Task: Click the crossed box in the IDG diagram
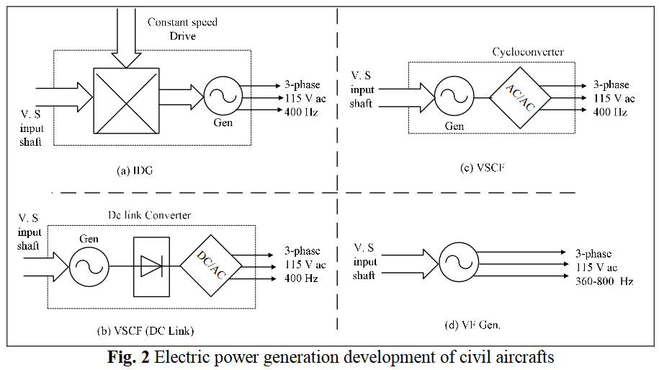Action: pyautogui.click(x=126, y=100)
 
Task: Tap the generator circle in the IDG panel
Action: pyautogui.click(x=223, y=96)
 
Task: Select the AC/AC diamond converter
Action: pyautogui.click(x=520, y=97)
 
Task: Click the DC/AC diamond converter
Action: pyautogui.click(x=211, y=265)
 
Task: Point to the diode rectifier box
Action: pyautogui.click(x=151, y=267)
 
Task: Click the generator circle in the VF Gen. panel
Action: pyautogui.click(x=459, y=263)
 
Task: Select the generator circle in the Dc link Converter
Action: pyautogui.click(x=89, y=267)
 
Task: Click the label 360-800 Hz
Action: pyautogui.click(x=604, y=281)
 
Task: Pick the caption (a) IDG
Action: pyautogui.click(x=135, y=170)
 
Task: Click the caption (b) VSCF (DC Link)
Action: pyautogui.click(x=145, y=331)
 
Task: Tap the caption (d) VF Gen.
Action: pyautogui.click(x=472, y=325)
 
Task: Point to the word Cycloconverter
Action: pyautogui.click(x=528, y=52)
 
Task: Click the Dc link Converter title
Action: pyautogui.click(x=149, y=215)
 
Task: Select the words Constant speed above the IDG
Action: pyautogui.click(x=182, y=22)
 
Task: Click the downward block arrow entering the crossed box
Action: pyautogui.click(x=127, y=38)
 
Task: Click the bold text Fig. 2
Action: pyautogui.click(x=128, y=357)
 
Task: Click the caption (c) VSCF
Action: pyautogui.click(x=482, y=167)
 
